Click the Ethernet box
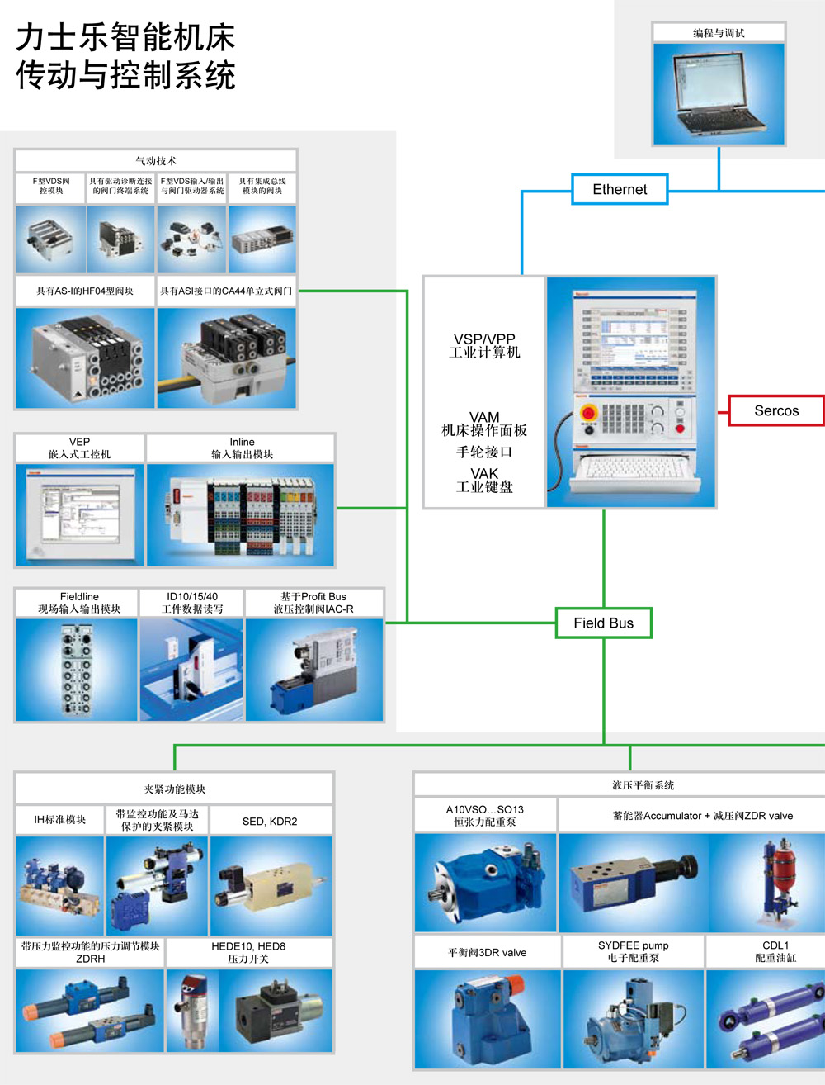pyautogui.click(x=620, y=189)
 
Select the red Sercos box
pyautogui.click(x=776, y=410)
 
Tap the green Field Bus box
pyautogui.click(x=603, y=623)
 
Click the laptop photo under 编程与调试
pyautogui.click(x=718, y=93)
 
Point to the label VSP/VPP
pyautogui.click(x=484, y=339)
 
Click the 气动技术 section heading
pyautogui.click(x=156, y=161)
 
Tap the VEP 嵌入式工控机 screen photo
pyautogui.click(x=80, y=514)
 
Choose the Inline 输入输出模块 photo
pyautogui.click(x=241, y=514)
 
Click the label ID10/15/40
pyautogui.click(x=192, y=596)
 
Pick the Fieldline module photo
pyautogui.click(x=77, y=669)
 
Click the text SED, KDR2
pyautogui.click(x=270, y=822)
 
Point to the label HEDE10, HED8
pyautogui.click(x=248, y=946)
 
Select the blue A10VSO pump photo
pyautogui.click(x=485, y=882)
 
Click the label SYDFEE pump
pyautogui.click(x=634, y=945)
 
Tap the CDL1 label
pyautogui.click(x=775, y=945)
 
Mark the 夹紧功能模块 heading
pyautogui.click(x=175, y=789)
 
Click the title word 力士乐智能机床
pyautogui.click(x=126, y=38)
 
